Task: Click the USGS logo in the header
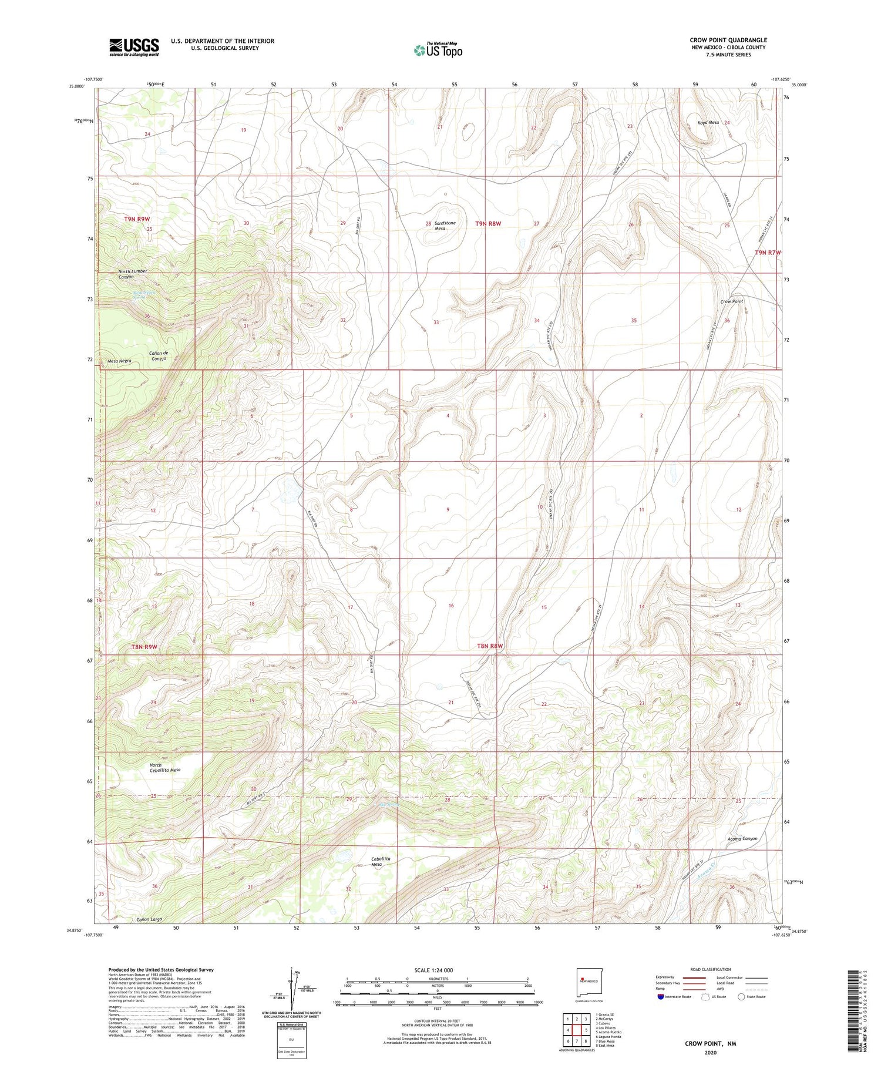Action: pyautogui.click(x=134, y=47)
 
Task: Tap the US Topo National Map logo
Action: pyautogui.click(x=438, y=51)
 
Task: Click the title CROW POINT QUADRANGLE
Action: pyautogui.click(x=728, y=40)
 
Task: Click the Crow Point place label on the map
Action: pyautogui.click(x=731, y=301)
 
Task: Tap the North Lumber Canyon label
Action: pyautogui.click(x=132, y=274)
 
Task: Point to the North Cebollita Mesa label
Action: pyautogui.click(x=164, y=767)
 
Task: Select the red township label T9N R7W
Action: pyautogui.click(x=768, y=253)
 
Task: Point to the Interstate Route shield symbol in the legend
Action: pyautogui.click(x=661, y=997)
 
